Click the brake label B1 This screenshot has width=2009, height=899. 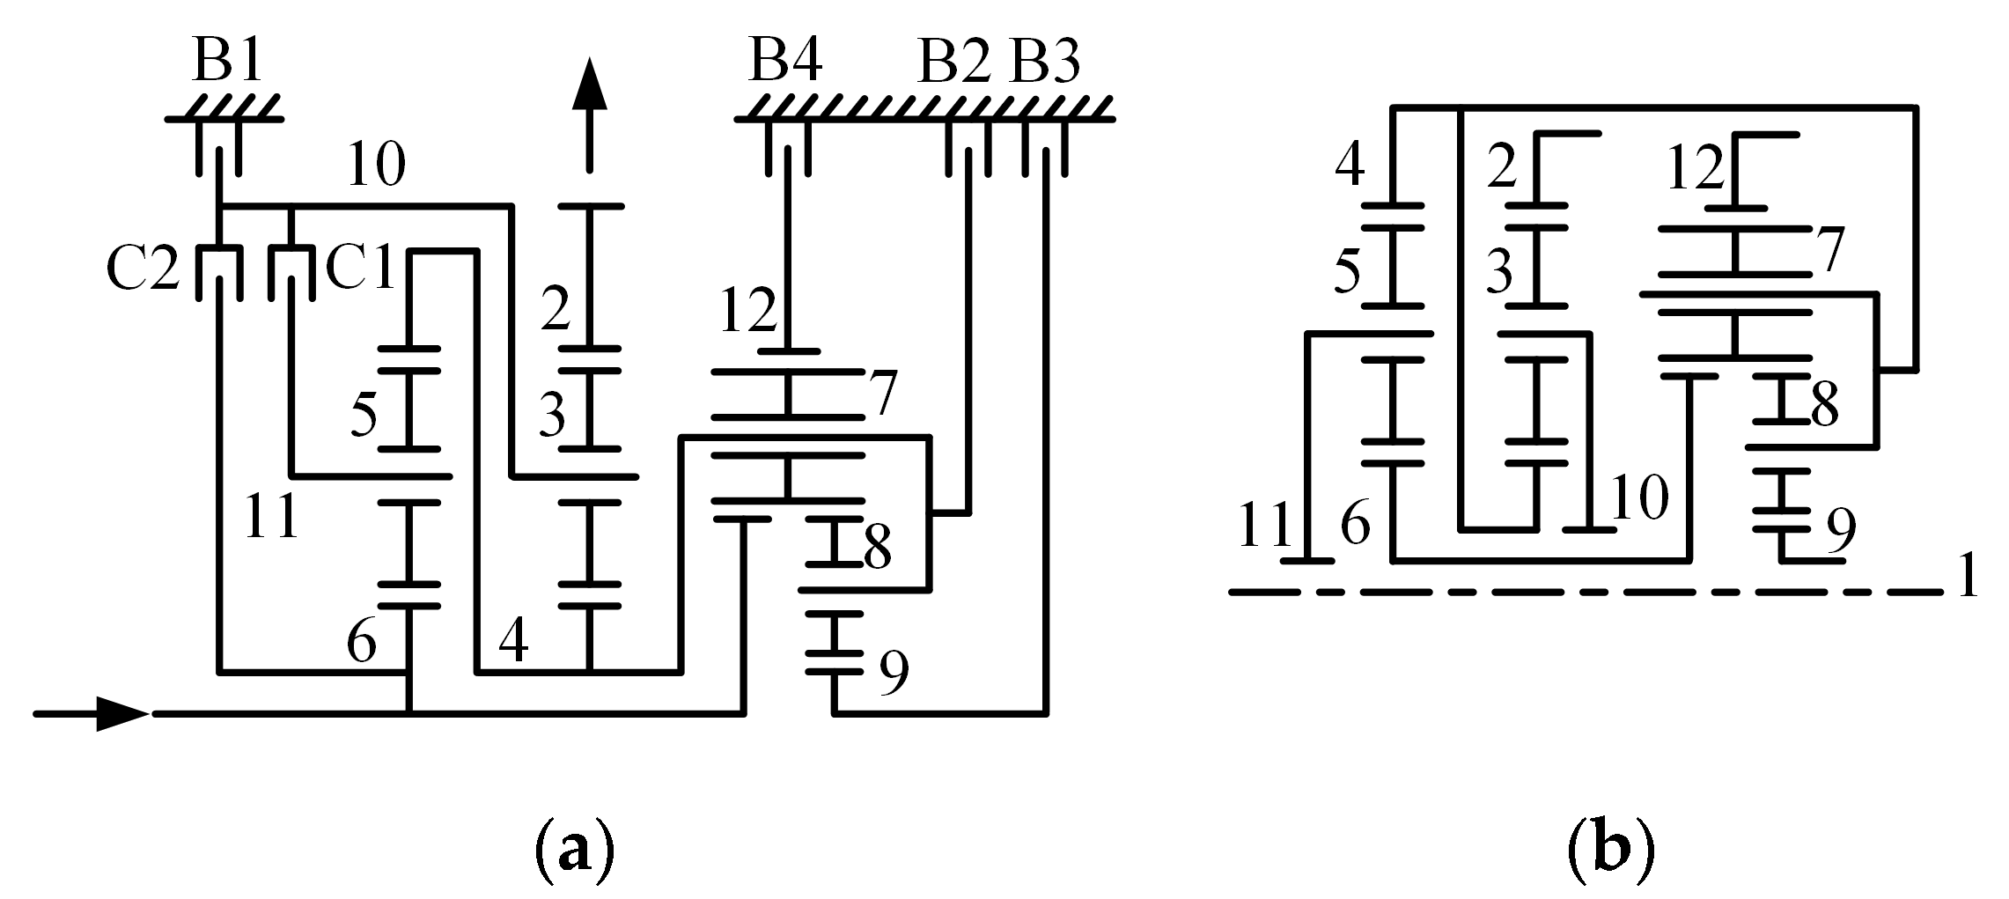click(x=228, y=63)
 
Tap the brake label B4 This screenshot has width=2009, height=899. click(x=785, y=63)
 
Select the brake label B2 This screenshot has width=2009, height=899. click(x=956, y=63)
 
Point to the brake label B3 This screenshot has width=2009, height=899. click(x=1045, y=63)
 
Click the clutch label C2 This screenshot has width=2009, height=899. click(x=142, y=270)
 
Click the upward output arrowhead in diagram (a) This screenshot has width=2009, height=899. click(x=590, y=88)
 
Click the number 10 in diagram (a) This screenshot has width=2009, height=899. click(x=377, y=165)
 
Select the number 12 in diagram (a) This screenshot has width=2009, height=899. click(x=748, y=310)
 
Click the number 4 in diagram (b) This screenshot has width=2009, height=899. click(x=1350, y=164)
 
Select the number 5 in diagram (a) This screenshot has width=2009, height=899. click(x=364, y=413)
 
